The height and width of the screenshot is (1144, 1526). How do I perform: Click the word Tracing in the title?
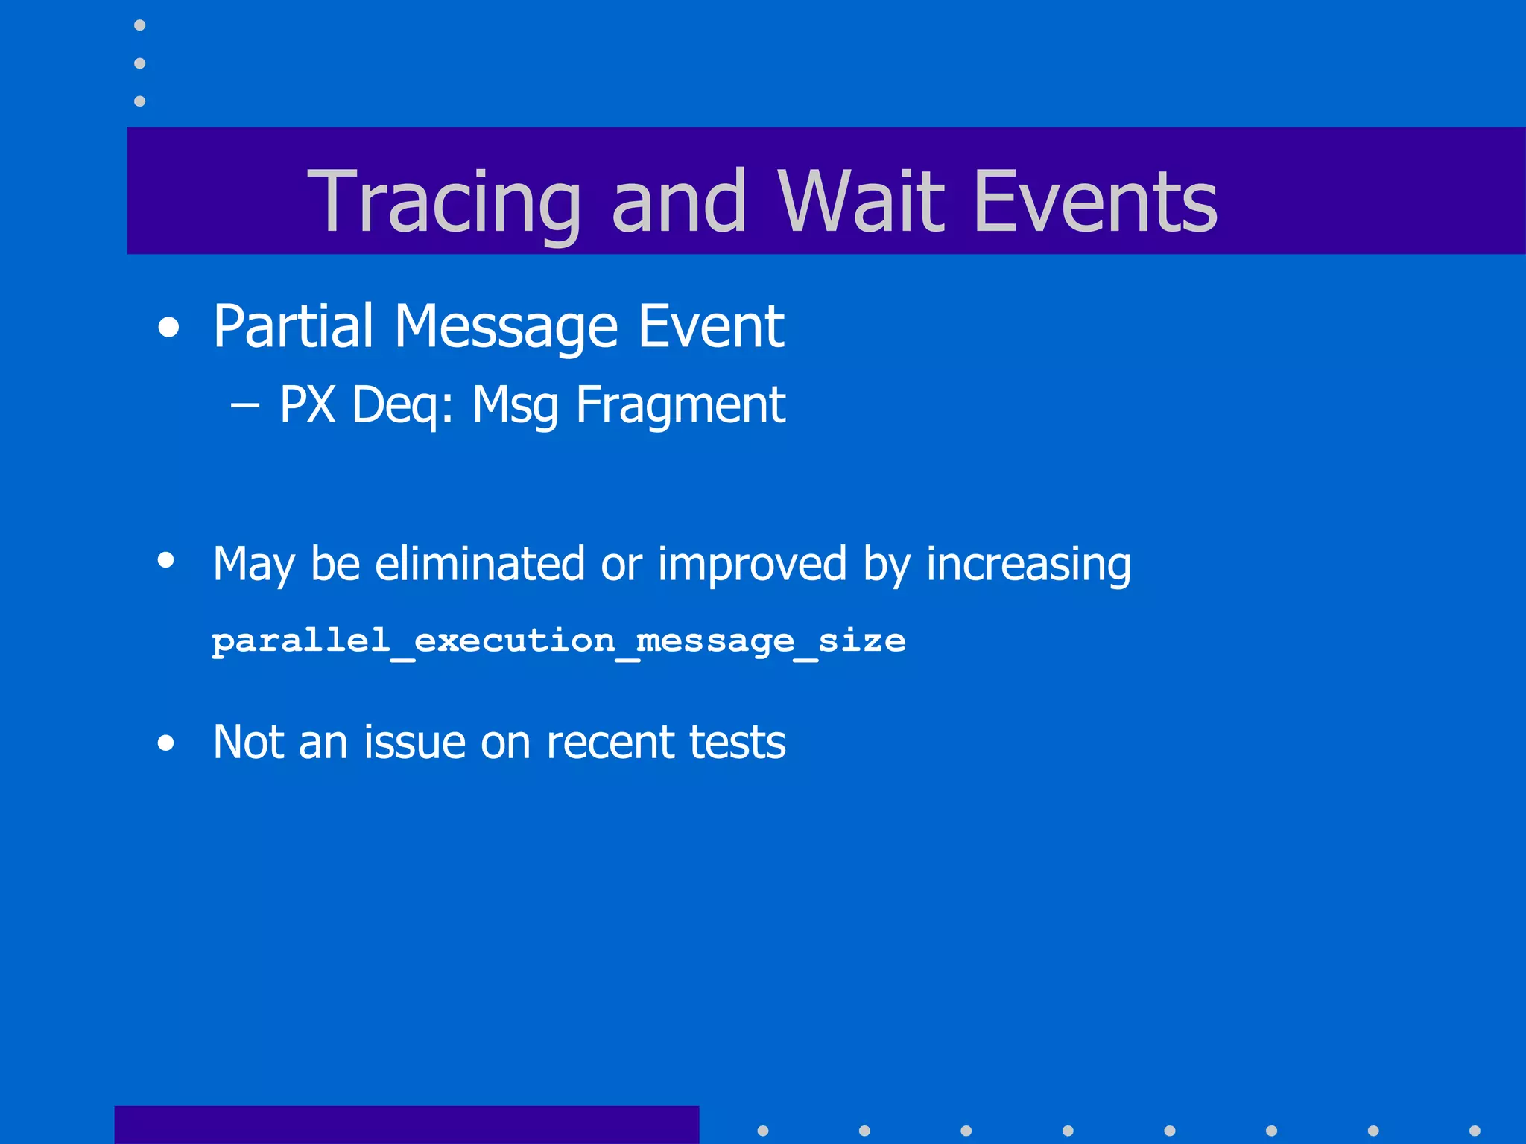pos(444,201)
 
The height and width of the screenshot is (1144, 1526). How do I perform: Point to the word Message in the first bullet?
pos(506,328)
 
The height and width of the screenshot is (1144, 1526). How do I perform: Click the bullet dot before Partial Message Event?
pos(169,328)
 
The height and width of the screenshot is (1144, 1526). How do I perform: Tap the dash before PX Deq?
pos(245,406)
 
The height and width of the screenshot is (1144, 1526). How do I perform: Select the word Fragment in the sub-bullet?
pos(680,406)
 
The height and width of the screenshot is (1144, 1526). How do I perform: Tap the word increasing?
pos(1028,565)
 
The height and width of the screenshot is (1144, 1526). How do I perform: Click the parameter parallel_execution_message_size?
pos(559,641)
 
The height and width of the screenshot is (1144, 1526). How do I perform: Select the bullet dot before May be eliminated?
pos(166,560)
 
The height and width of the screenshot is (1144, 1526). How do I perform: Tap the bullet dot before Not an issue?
pos(166,743)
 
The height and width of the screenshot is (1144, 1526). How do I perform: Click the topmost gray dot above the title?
pos(139,25)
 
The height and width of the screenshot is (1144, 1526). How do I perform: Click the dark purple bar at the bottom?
pos(406,1125)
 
